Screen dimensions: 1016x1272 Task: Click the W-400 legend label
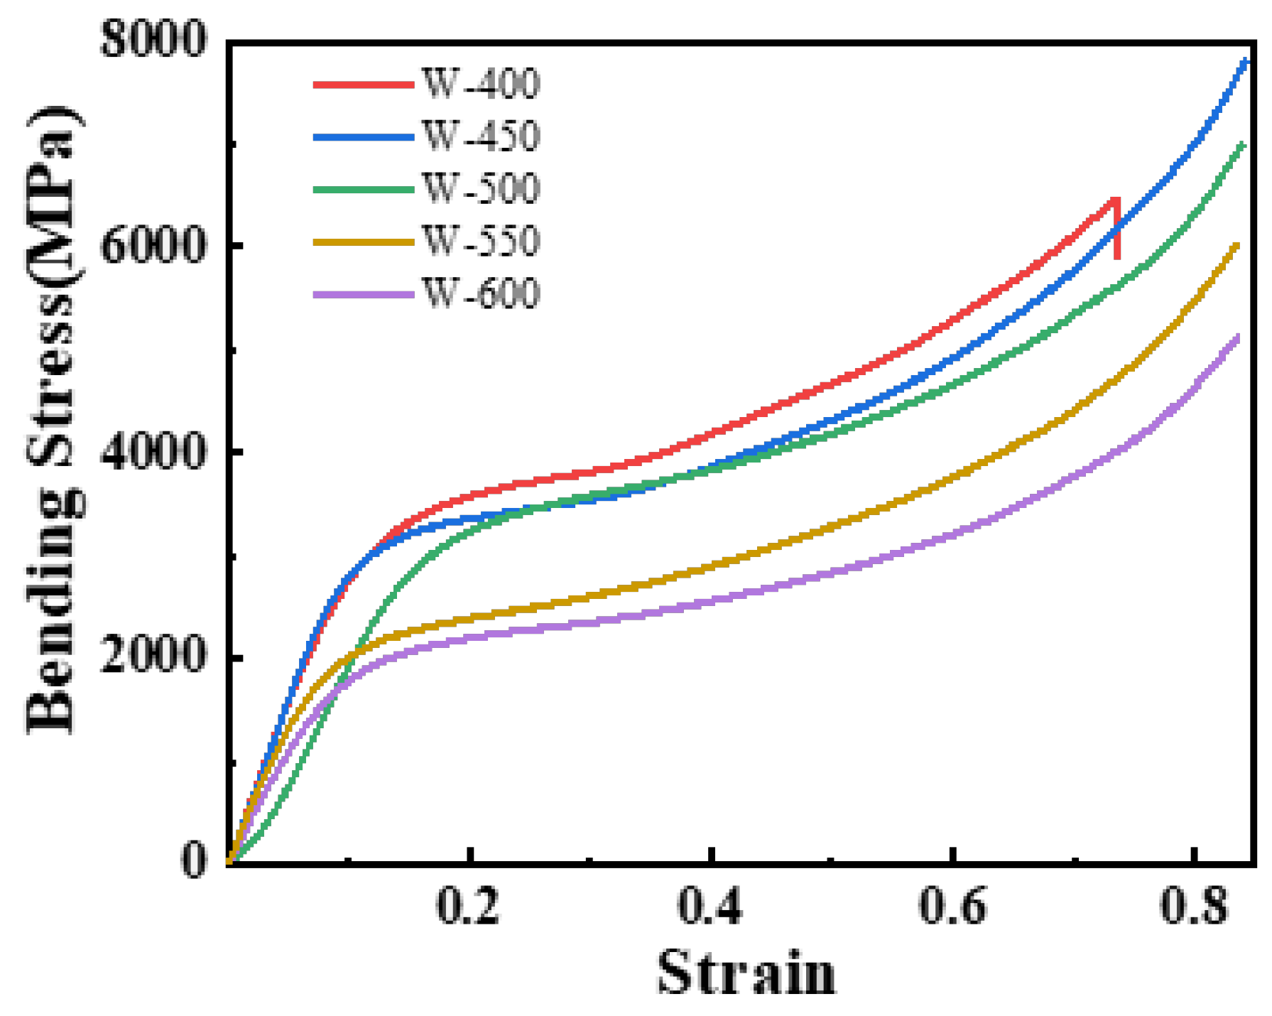[x=481, y=84]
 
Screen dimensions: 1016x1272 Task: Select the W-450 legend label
[x=481, y=136]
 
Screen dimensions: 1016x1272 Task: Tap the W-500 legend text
[x=481, y=189]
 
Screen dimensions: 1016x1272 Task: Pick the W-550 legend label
[x=481, y=242]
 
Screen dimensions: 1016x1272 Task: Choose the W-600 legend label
[x=481, y=294]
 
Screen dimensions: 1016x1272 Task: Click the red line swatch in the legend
[x=363, y=84]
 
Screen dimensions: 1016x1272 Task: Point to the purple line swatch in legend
[x=363, y=294]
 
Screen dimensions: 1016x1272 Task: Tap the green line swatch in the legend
[x=363, y=189]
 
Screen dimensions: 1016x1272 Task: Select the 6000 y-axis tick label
[x=153, y=246]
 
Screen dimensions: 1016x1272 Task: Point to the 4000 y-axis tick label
[x=153, y=451]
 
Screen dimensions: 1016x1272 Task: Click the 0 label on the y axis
[x=193, y=860]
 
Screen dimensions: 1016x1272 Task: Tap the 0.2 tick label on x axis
[x=467, y=907]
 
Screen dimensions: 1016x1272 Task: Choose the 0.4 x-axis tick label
[x=710, y=907]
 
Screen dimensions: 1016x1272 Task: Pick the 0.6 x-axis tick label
[x=952, y=907]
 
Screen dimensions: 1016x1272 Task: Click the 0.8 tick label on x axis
[x=1194, y=907]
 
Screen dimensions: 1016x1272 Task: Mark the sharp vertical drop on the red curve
[x=1117, y=231]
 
